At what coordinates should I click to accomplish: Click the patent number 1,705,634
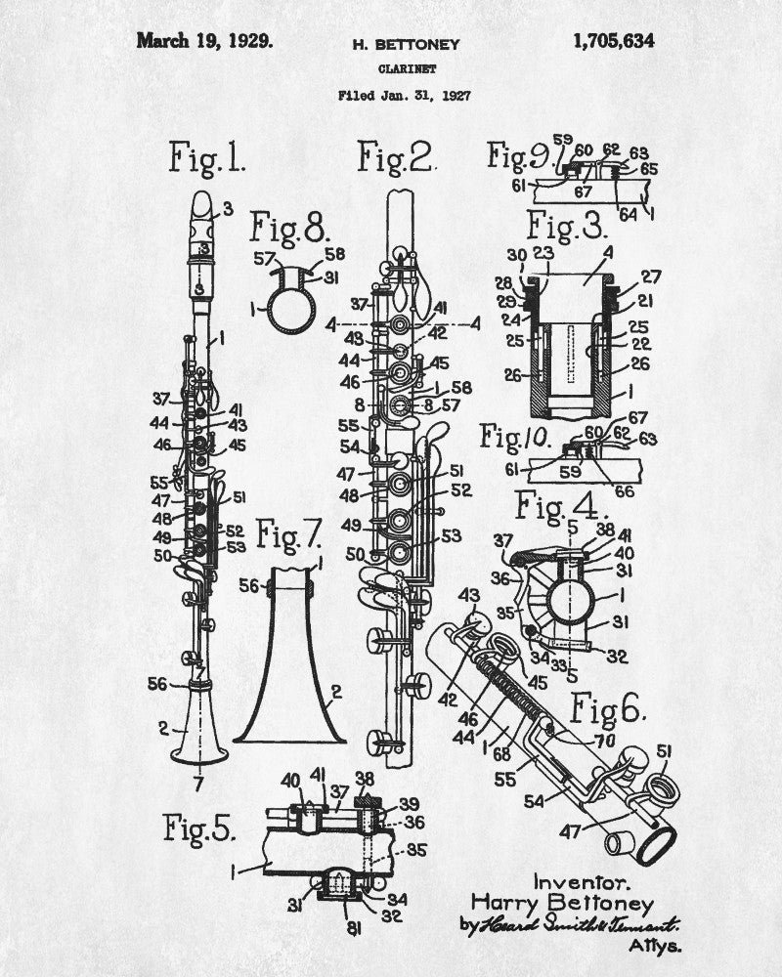coord(614,41)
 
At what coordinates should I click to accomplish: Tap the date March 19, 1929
coord(205,41)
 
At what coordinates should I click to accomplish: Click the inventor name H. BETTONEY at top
coord(404,45)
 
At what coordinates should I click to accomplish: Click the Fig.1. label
coord(206,156)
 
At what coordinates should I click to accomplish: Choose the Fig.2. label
coord(395,156)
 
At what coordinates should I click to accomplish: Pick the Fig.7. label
coord(288,533)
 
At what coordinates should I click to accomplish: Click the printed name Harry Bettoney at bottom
coord(562,903)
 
